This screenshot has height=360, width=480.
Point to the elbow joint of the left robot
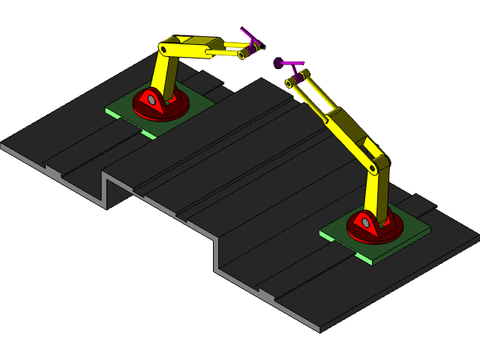point(164,49)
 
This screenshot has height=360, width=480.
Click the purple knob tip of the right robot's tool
point(278,62)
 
